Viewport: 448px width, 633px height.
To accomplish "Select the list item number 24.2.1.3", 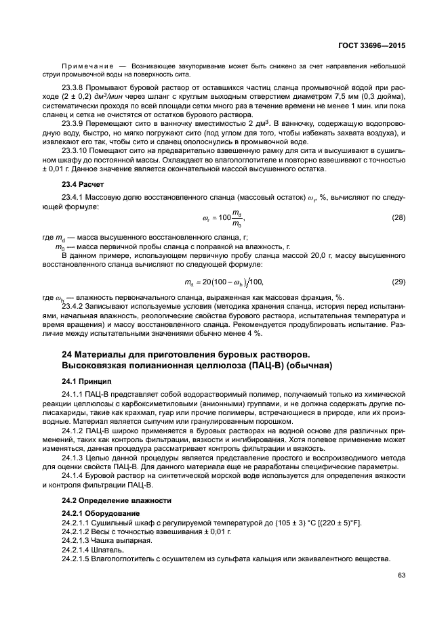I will click(79, 541).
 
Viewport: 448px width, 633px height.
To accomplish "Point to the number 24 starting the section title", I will click(67, 353).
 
